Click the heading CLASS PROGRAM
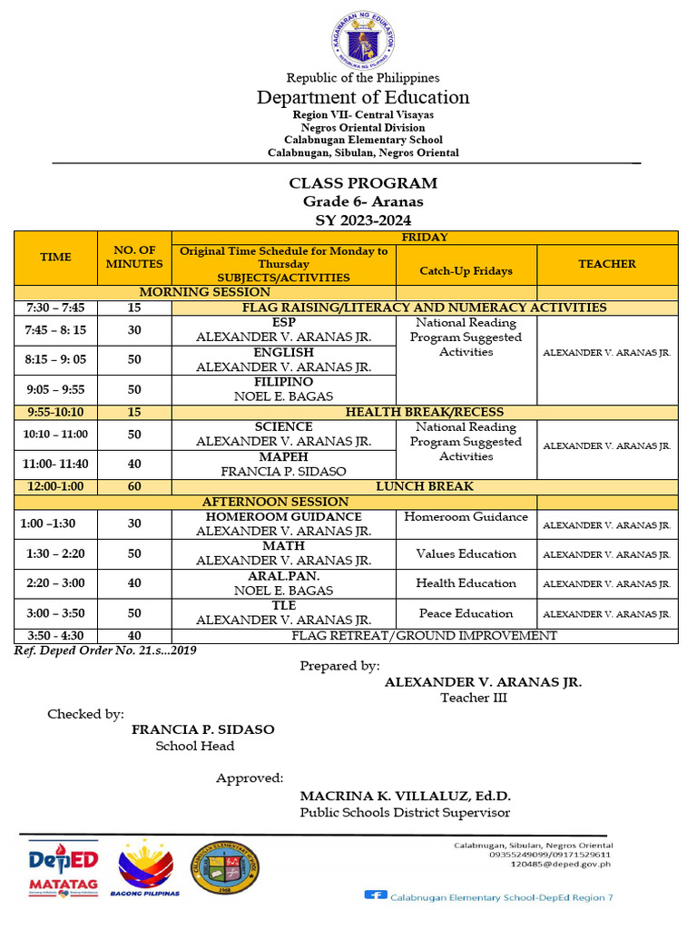(x=362, y=183)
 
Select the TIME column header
(x=55, y=257)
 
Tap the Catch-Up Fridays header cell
(x=466, y=270)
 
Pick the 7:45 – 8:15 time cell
(x=55, y=330)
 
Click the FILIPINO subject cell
(x=283, y=389)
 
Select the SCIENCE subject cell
(x=283, y=434)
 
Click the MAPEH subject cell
(x=283, y=464)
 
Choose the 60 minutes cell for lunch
(x=134, y=486)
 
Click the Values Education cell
(x=466, y=554)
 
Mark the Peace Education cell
(x=466, y=613)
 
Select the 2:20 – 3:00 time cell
(x=55, y=583)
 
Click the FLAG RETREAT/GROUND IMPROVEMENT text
(x=424, y=636)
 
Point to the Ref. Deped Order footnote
(x=105, y=650)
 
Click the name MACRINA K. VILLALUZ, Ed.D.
(x=406, y=796)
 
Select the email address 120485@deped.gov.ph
(x=560, y=864)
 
